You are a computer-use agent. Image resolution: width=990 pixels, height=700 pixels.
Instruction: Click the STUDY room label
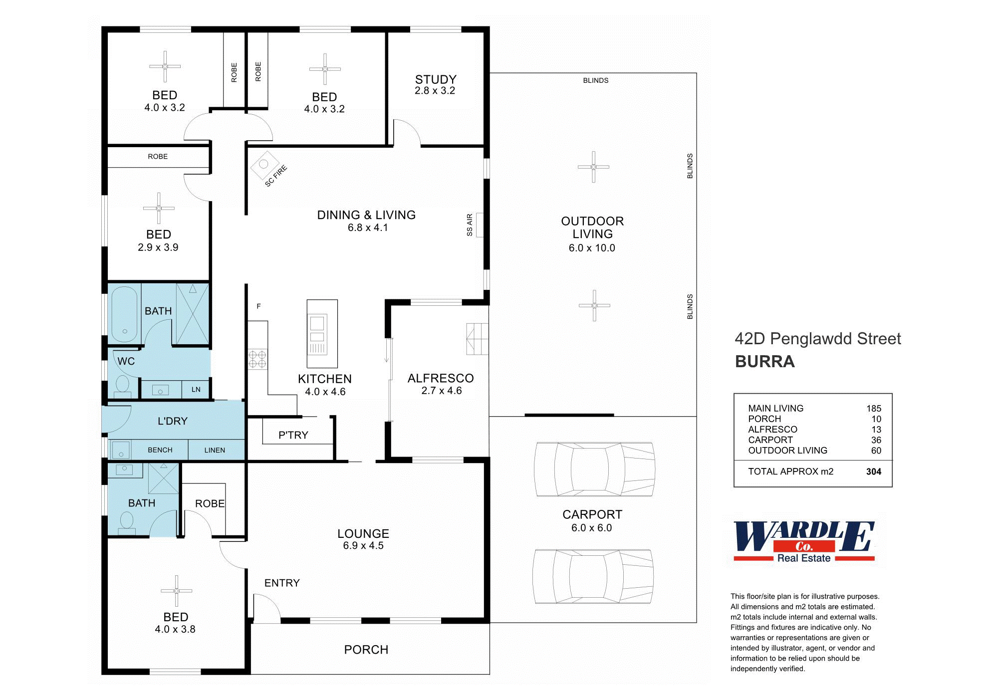tap(436, 80)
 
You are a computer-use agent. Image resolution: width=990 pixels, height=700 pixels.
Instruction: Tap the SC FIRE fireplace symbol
tap(265, 165)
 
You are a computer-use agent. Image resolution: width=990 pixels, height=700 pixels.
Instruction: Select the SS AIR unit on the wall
tap(480, 225)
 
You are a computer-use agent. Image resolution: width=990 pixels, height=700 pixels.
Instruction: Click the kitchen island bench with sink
tap(322, 333)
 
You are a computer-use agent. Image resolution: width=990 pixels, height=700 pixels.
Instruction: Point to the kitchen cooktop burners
tap(257, 359)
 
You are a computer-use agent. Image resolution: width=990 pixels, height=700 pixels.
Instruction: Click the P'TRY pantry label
tap(293, 435)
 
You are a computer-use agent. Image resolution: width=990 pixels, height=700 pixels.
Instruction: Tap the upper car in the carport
tap(594, 469)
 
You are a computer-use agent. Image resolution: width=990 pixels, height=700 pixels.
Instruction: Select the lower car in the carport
tap(593, 577)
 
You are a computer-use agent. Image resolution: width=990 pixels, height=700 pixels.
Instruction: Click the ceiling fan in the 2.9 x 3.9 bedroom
tap(159, 208)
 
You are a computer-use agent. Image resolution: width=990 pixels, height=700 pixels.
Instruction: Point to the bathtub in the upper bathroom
tap(124, 314)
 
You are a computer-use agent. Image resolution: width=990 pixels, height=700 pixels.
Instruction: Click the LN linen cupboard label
tap(196, 390)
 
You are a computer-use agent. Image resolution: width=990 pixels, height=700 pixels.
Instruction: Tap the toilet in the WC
tap(122, 386)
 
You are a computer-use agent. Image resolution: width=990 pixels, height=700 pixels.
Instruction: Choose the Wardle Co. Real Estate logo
tap(804, 542)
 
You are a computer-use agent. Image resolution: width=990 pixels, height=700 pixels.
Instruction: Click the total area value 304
tap(873, 471)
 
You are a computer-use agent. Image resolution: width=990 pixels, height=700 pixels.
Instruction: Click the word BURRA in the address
tap(764, 362)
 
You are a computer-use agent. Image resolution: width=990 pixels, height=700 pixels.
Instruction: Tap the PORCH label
tap(366, 650)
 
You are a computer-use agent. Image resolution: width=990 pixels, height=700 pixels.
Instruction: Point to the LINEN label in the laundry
tap(215, 450)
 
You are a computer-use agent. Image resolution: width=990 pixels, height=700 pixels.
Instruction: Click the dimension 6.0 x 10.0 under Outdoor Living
tap(592, 248)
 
